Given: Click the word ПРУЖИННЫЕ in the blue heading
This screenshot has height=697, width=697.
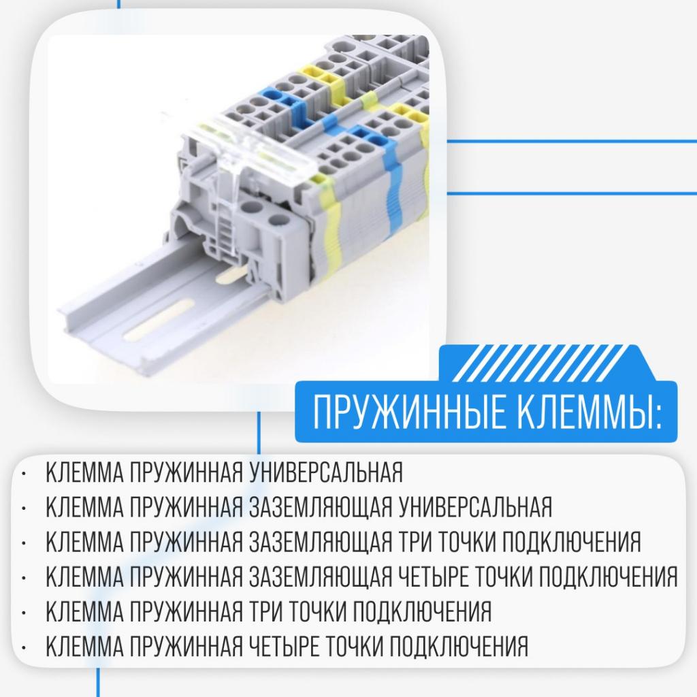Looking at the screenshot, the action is point(409,412).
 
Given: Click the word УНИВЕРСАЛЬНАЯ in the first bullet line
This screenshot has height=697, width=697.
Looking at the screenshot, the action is point(325,472).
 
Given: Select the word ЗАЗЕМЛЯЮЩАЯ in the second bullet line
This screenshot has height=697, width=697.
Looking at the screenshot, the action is point(321,507).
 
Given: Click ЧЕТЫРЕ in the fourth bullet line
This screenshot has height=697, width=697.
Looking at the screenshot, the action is point(434,577).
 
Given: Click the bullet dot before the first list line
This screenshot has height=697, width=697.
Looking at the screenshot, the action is point(24,474).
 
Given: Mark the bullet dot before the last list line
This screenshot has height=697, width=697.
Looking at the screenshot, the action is point(24,648).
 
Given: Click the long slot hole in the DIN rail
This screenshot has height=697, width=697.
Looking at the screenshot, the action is point(159,321).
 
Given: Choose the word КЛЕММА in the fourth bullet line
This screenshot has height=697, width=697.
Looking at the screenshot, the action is point(84,577).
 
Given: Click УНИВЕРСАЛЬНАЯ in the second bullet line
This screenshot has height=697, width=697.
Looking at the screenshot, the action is point(475,507).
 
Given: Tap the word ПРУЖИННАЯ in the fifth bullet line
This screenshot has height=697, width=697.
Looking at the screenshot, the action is point(187,611).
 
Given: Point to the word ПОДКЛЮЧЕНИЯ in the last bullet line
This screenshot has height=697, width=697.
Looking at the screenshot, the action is point(459,646).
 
